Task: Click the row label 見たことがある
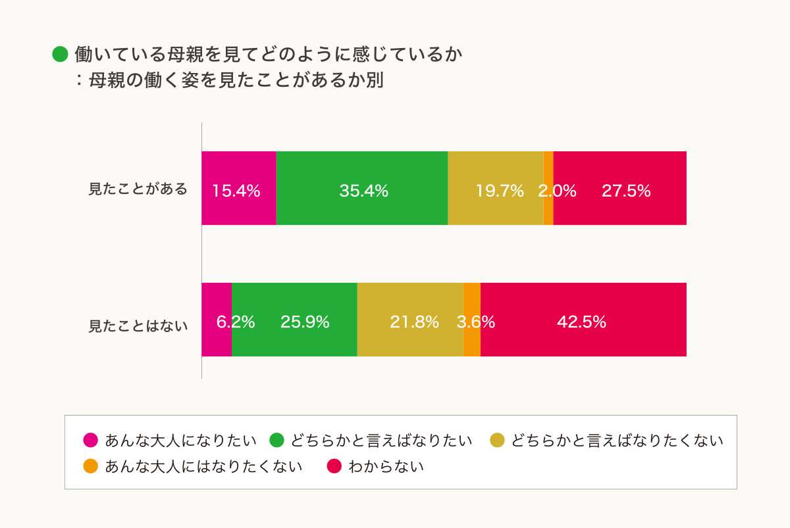(x=138, y=189)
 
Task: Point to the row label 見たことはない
(x=138, y=325)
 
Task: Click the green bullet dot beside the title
(x=61, y=54)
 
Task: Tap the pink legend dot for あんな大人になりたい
(x=91, y=441)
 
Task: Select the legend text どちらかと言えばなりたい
(x=381, y=441)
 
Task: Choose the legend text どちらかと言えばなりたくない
(x=617, y=441)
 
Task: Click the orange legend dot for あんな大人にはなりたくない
(x=91, y=467)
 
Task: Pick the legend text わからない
(x=386, y=467)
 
